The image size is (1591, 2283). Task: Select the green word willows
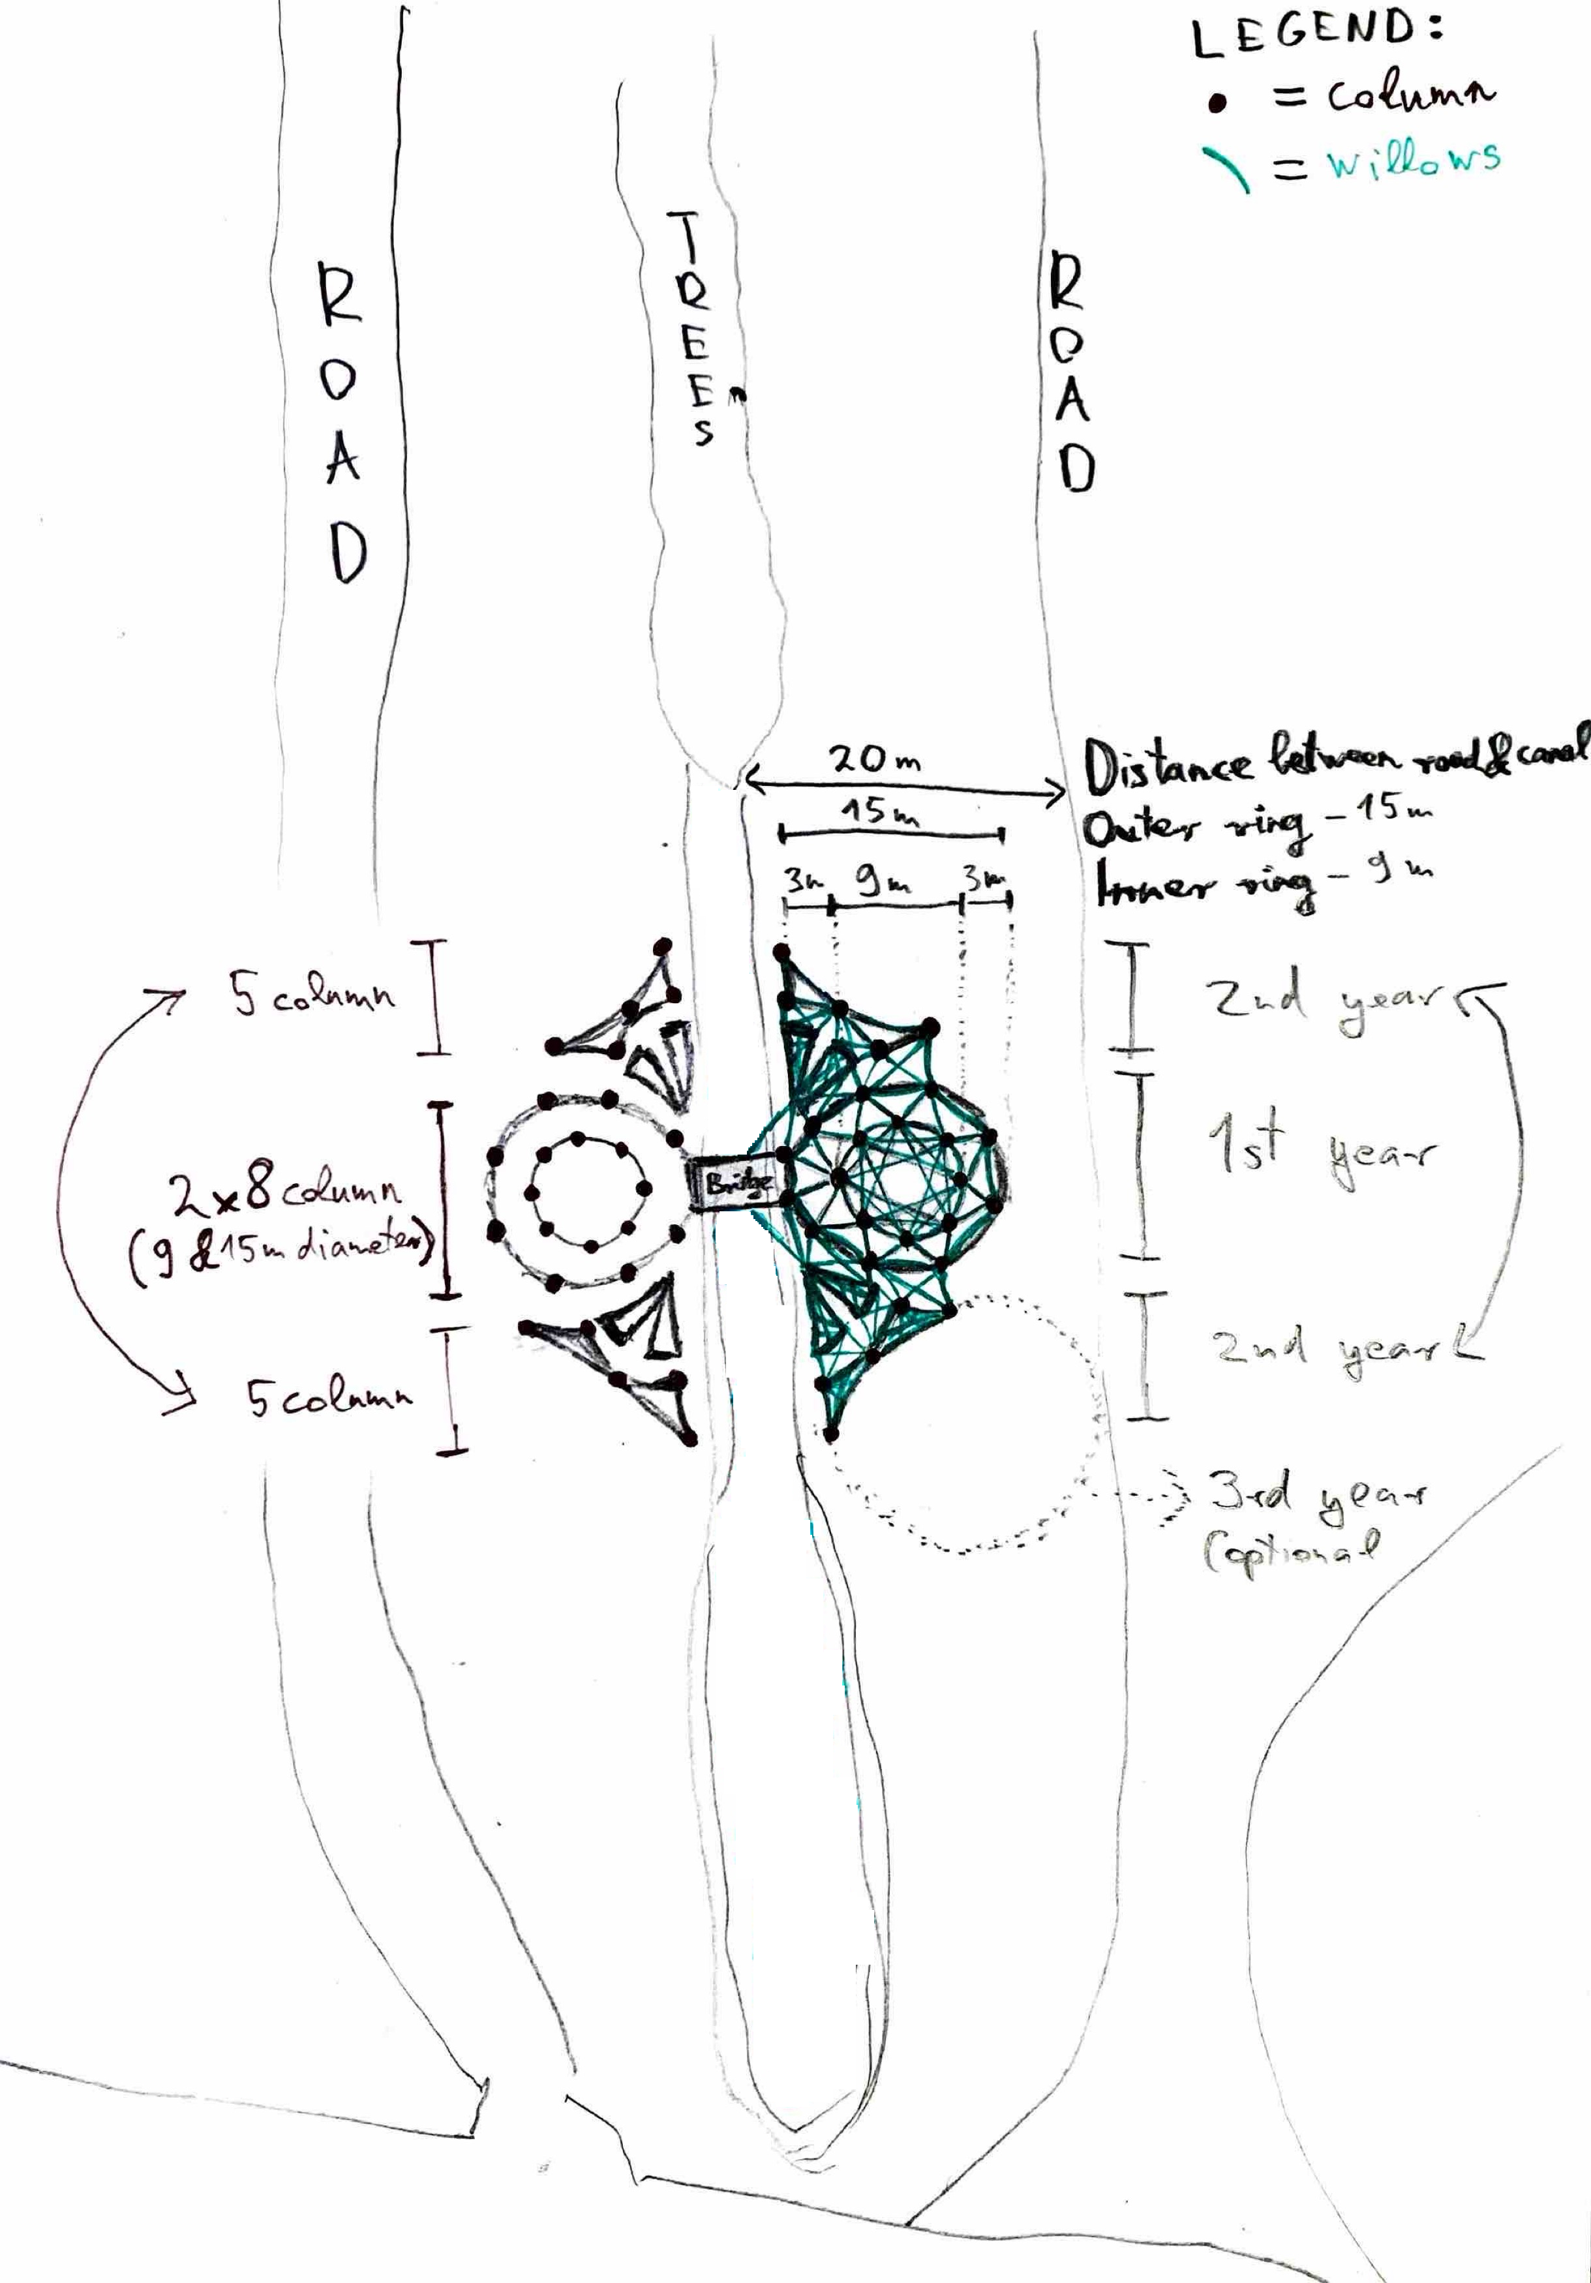point(1412,161)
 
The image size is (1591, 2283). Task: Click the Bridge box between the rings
point(737,1183)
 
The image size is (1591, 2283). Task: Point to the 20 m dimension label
point(875,761)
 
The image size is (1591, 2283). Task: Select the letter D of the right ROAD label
point(1076,466)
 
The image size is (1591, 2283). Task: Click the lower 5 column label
point(328,1398)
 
